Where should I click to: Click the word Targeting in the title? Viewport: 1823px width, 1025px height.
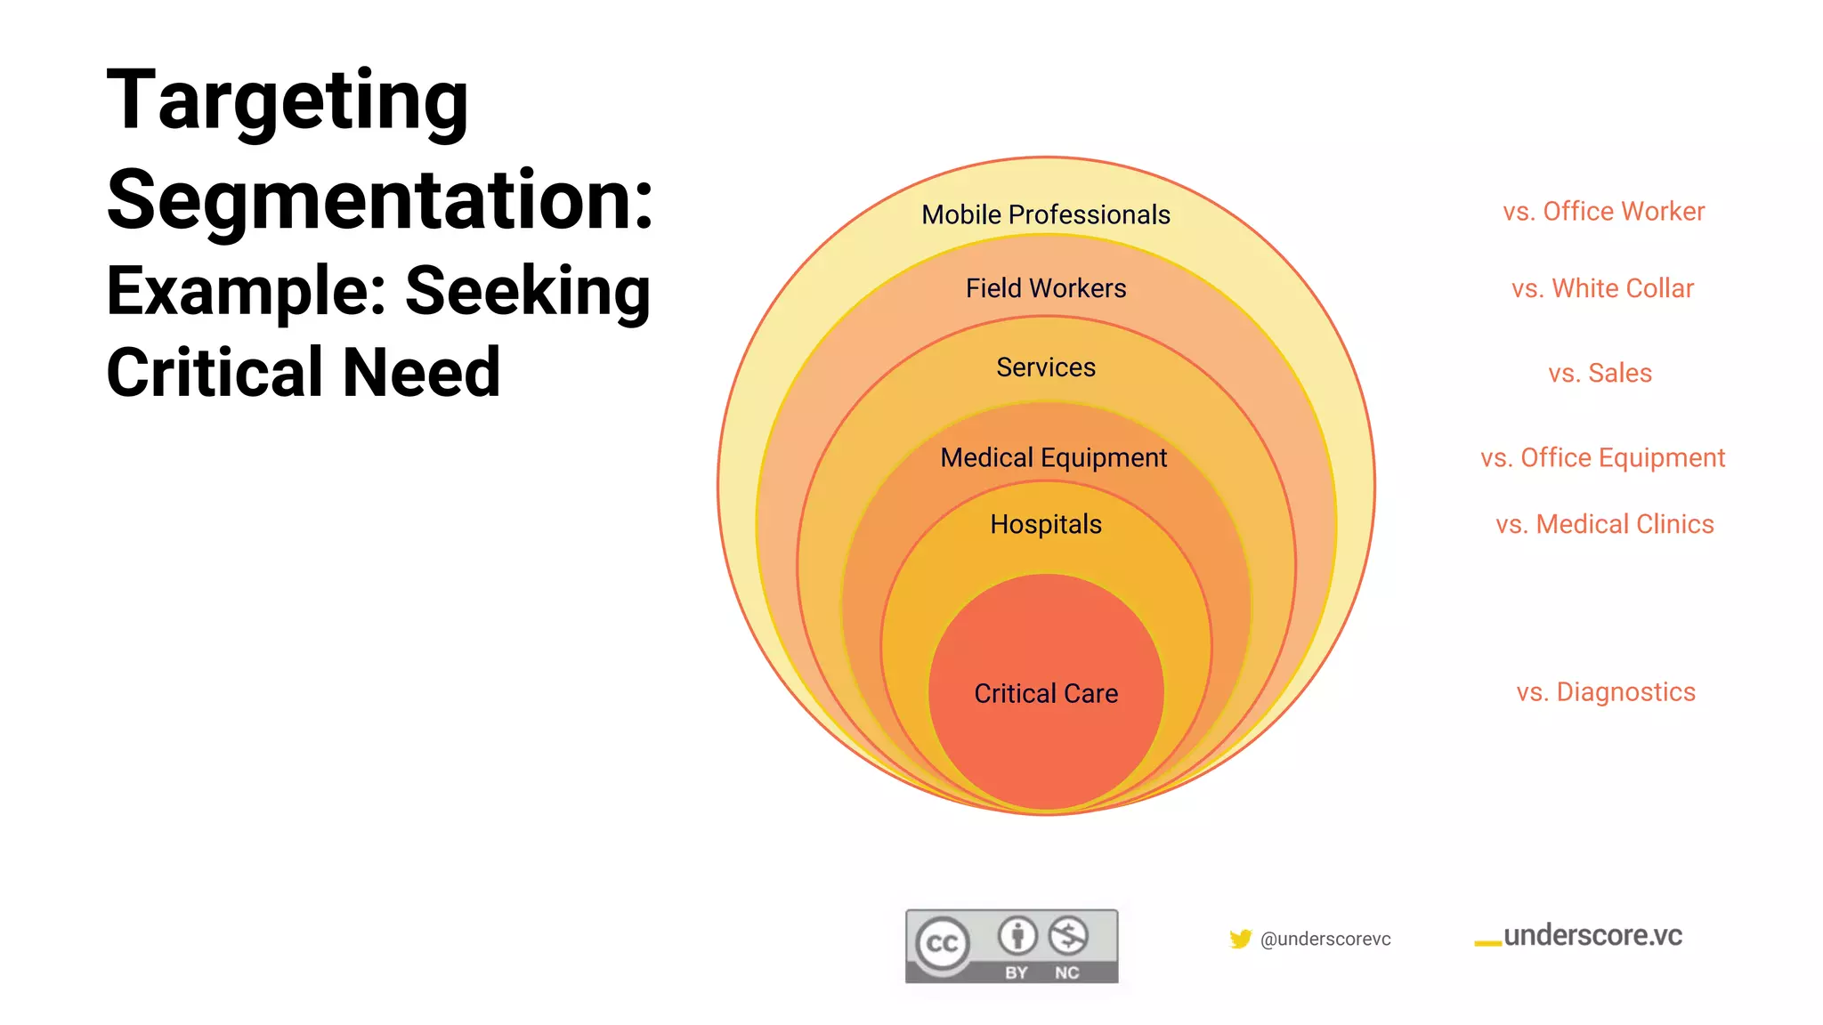(287, 101)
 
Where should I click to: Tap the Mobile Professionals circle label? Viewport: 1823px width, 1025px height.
(1045, 214)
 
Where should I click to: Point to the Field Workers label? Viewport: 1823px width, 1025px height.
(1045, 288)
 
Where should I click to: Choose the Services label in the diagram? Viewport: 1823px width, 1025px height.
(1045, 367)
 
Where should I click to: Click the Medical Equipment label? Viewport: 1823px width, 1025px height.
(1053, 457)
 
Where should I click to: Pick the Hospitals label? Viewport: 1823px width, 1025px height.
(1045, 524)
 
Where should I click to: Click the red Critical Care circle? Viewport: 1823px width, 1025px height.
(1046, 693)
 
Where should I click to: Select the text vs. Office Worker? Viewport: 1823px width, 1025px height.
(1603, 212)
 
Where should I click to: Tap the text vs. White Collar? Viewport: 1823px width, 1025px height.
(1602, 288)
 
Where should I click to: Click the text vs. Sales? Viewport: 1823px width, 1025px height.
(1600, 373)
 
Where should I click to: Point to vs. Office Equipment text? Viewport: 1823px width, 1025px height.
(1602, 457)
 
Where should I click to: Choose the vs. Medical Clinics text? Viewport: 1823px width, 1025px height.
(1604, 524)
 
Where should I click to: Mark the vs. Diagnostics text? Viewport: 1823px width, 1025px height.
(1606, 692)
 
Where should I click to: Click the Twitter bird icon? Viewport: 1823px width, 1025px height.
(1240, 939)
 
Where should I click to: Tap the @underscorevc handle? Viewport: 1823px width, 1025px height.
(1325, 939)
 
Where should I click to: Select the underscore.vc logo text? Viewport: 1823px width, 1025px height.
(1592, 936)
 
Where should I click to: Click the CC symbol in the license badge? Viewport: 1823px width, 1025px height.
(943, 944)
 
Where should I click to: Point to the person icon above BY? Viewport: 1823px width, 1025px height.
(1017, 936)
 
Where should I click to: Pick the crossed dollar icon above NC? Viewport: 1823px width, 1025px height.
(1067, 936)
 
